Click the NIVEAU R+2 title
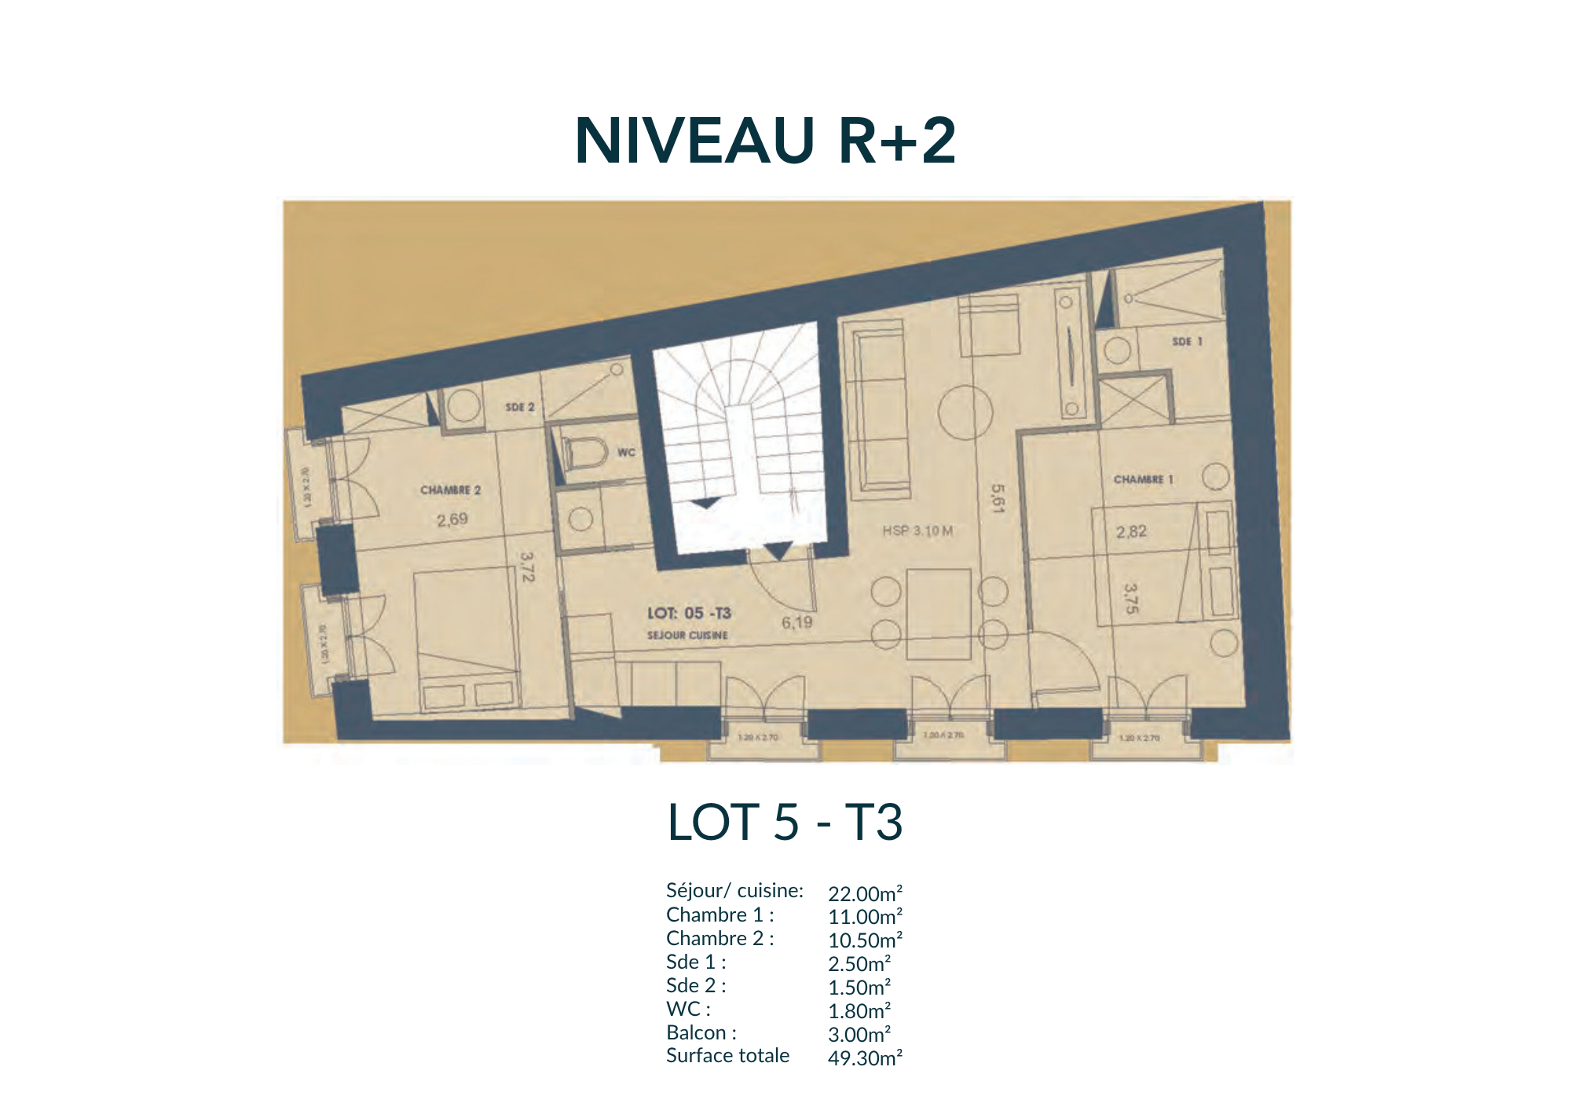(x=765, y=141)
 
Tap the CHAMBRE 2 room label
(x=450, y=490)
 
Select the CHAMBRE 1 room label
(x=1143, y=479)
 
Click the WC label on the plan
(x=626, y=453)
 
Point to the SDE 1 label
(x=1187, y=342)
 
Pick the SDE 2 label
(x=520, y=407)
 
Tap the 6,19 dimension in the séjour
(x=796, y=623)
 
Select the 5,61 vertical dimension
(x=998, y=498)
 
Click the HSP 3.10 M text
(x=917, y=531)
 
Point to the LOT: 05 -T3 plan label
(x=689, y=613)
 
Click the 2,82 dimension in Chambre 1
(x=1131, y=532)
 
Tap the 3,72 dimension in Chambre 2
(x=527, y=566)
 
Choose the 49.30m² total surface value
(x=865, y=1058)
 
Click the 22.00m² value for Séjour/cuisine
(x=865, y=894)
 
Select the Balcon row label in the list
(x=701, y=1032)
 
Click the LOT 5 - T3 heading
(x=785, y=823)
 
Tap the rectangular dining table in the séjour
(x=939, y=614)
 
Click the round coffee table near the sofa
(x=965, y=412)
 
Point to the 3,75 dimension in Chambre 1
(x=1130, y=598)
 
